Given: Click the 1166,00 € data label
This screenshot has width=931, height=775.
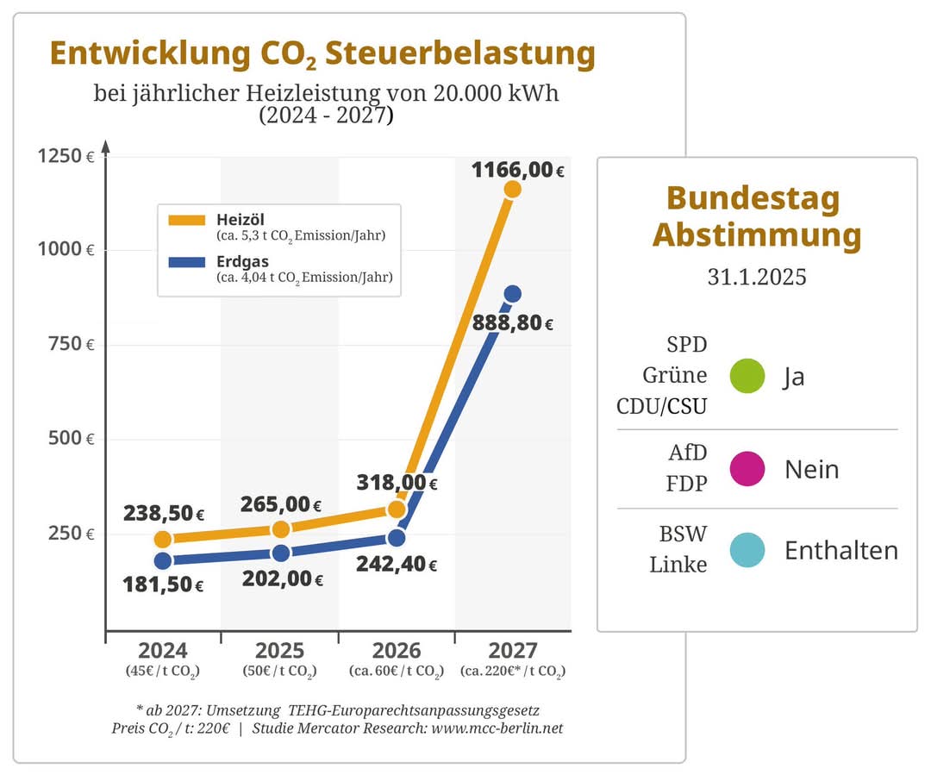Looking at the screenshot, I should tap(517, 170).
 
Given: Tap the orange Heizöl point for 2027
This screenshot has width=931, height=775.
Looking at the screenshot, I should tap(512, 190).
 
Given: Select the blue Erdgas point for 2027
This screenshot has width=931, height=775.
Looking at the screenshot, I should tap(512, 294).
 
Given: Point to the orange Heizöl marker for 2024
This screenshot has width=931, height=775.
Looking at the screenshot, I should tap(163, 540).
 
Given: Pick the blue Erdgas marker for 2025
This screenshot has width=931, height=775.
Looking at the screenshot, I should tap(281, 553).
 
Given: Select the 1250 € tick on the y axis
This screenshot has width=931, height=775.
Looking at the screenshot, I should tap(66, 156).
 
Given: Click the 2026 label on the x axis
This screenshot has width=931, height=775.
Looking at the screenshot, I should tap(397, 650).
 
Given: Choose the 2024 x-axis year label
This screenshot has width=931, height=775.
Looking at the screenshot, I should tap(163, 650).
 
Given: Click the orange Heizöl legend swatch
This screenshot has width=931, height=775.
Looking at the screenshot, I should tap(187, 221).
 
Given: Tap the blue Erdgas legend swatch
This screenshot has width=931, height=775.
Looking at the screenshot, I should tap(187, 262).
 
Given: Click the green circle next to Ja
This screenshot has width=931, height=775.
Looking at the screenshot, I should tap(747, 376).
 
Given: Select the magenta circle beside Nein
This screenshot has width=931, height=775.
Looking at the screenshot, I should tap(747, 469).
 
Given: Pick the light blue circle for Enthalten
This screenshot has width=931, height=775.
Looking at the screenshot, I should tap(747, 550).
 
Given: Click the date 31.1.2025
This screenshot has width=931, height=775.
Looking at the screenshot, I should tap(757, 277).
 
